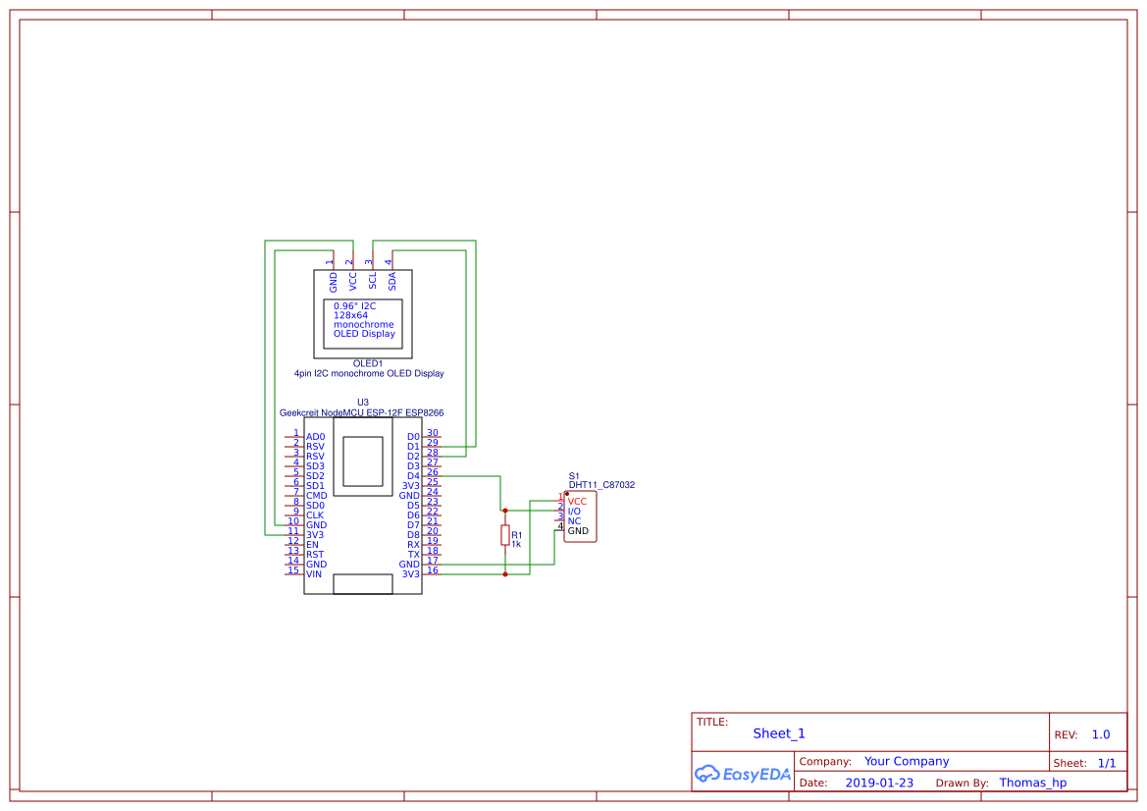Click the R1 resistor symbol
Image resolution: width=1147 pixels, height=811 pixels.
(505, 536)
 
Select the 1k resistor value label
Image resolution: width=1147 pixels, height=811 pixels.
(516, 544)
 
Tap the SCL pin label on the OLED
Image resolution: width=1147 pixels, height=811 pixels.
(373, 281)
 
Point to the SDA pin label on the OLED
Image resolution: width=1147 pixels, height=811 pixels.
(392, 281)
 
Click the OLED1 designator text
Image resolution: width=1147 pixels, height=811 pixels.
(368, 363)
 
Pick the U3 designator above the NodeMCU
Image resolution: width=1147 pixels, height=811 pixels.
(363, 403)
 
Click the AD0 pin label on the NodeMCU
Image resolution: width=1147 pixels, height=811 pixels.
(315, 437)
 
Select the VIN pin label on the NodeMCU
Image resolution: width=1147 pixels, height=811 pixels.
(314, 574)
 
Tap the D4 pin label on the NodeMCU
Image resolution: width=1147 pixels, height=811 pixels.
(413, 476)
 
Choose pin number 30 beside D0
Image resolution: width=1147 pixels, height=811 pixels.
(433, 433)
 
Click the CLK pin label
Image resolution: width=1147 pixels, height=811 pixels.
(315, 515)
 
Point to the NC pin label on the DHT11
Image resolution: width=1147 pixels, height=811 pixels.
(574, 521)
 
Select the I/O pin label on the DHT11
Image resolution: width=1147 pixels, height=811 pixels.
(575, 512)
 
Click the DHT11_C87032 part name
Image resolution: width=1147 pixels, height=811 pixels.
(601, 485)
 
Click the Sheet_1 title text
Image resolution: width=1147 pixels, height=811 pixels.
(779, 733)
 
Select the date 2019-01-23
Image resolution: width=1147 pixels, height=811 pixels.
(879, 783)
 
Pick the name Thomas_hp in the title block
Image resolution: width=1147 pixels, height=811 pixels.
(1032, 783)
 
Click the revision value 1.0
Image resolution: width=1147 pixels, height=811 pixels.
(1101, 734)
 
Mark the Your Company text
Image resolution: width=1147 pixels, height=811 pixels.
(907, 761)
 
